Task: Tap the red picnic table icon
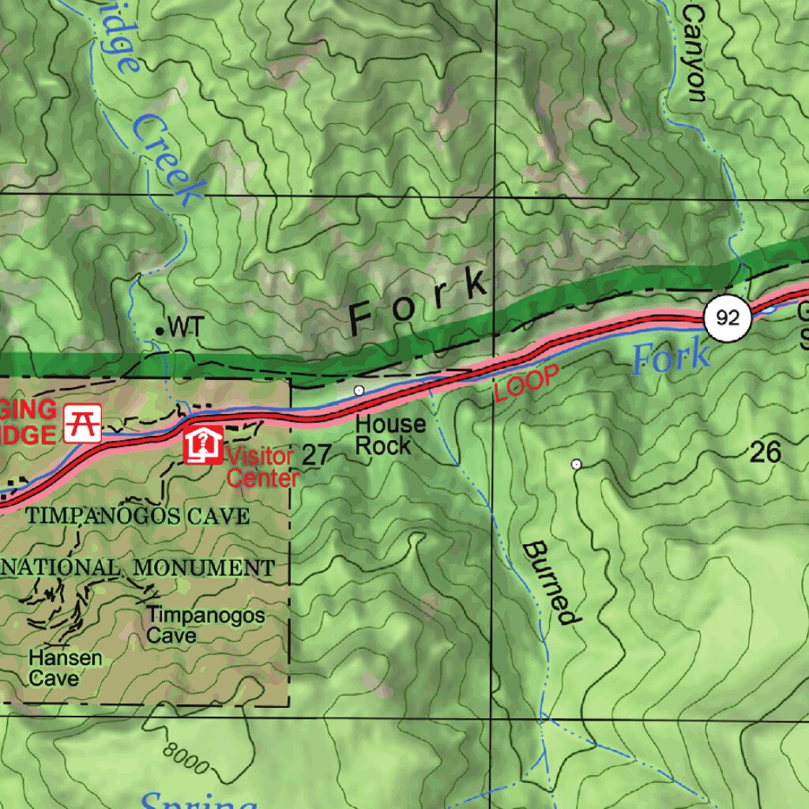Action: pyautogui.click(x=83, y=422)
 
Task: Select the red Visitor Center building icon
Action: pyautogui.click(x=203, y=445)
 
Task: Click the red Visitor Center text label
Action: pyautogui.click(x=261, y=467)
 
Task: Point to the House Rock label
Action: pyautogui.click(x=390, y=435)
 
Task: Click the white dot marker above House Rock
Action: pyautogui.click(x=359, y=389)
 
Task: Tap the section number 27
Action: pyautogui.click(x=315, y=454)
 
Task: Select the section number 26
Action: pyautogui.click(x=765, y=452)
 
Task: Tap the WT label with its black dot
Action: pyautogui.click(x=180, y=326)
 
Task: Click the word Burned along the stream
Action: pyautogui.click(x=550, y=582)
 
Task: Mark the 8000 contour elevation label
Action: pyautogui.click(x=186, y=757)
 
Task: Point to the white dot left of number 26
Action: pyautogui.click(x=576, y=465)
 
